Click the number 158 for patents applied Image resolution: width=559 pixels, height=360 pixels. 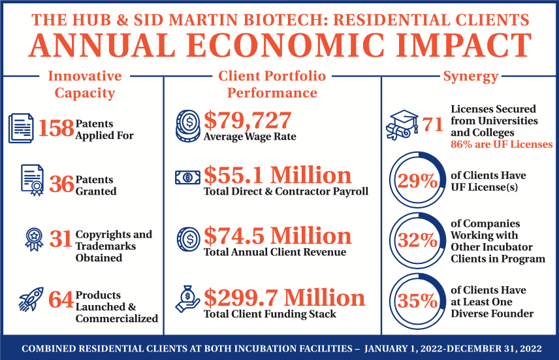point(56,128)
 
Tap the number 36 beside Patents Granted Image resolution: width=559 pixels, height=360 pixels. point(62,185)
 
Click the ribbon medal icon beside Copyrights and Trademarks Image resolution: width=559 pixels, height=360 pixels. point(32,239)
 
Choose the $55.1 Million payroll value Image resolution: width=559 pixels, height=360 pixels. point(278,175)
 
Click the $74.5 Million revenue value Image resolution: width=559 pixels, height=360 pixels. point(278,235)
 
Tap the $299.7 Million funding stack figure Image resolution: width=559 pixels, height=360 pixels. point(284,298)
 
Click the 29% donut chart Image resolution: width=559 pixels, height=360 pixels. point(419,181)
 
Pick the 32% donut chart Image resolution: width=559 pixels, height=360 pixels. point(419,240)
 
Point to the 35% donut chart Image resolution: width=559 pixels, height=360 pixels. point(419,301)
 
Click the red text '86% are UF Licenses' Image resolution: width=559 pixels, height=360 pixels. point(502,144)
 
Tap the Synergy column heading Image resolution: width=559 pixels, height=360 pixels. point(470,76)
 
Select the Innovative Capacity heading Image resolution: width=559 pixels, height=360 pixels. point(84,84)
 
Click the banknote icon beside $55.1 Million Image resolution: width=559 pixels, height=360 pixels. point(187,177)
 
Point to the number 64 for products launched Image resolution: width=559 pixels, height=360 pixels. point(61,300)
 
